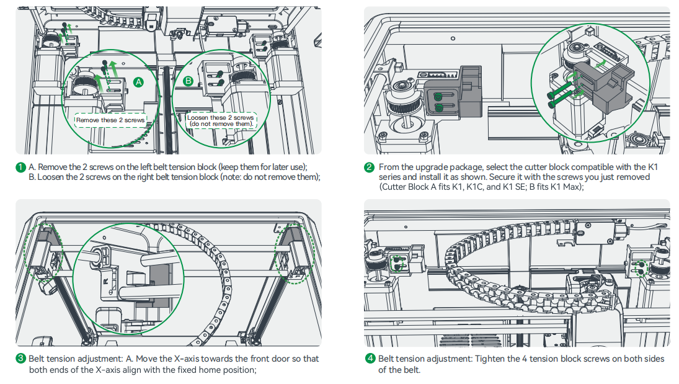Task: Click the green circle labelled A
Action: [x=139, y=82]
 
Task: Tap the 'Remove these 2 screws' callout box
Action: [x=110, y=120]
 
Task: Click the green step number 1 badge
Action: [x=21, y=167]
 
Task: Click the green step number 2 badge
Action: [x=370, y=167]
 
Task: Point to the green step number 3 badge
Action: [x=21, y=359]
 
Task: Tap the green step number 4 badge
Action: [x=370, y=359]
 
